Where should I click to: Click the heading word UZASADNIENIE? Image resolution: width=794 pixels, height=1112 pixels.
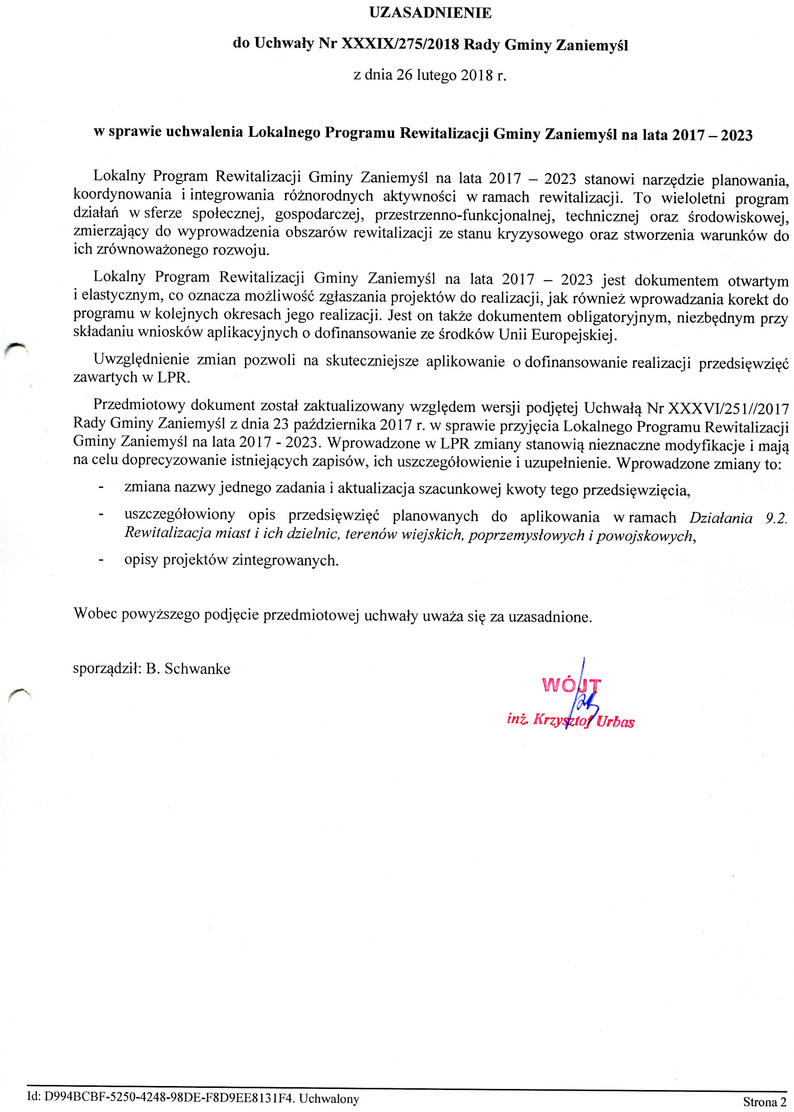click(x=430, y=13)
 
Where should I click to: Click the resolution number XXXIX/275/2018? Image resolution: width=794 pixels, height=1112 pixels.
click(x=400, y=45)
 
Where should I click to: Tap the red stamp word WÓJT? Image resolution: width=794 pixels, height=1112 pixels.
click(x=571, y=685)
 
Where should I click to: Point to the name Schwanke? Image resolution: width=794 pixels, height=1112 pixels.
click(x=197, y=668)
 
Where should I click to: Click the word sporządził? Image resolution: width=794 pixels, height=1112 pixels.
click(x=107, y=668)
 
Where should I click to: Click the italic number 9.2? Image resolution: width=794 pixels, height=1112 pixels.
click(x=776, y=518)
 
